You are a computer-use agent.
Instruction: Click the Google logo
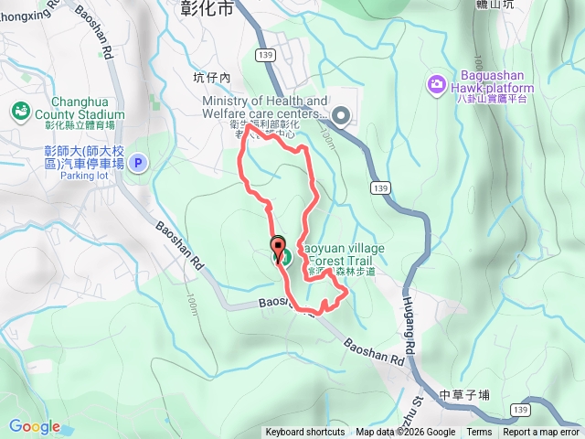click(35, 426)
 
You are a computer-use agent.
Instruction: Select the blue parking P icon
click(138, 164)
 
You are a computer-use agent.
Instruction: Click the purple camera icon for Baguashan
click(436, 85)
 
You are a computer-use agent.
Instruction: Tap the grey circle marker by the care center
click(341, 115)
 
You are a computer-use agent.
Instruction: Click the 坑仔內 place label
click(213, 78)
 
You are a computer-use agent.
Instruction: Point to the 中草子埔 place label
click(464, 395)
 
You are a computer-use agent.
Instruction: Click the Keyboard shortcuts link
click(305, 433)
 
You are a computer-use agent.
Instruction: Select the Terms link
click(479, 433)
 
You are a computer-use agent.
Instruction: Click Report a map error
click(541, 433)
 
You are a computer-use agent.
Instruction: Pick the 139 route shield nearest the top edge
click(266, 56)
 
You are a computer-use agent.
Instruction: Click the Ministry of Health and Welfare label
click(265, 107)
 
